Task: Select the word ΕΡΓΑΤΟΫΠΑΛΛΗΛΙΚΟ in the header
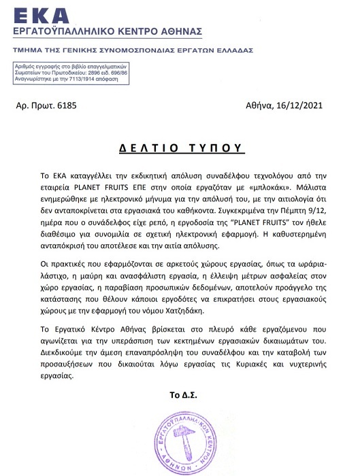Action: click(x=71, y=33)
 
